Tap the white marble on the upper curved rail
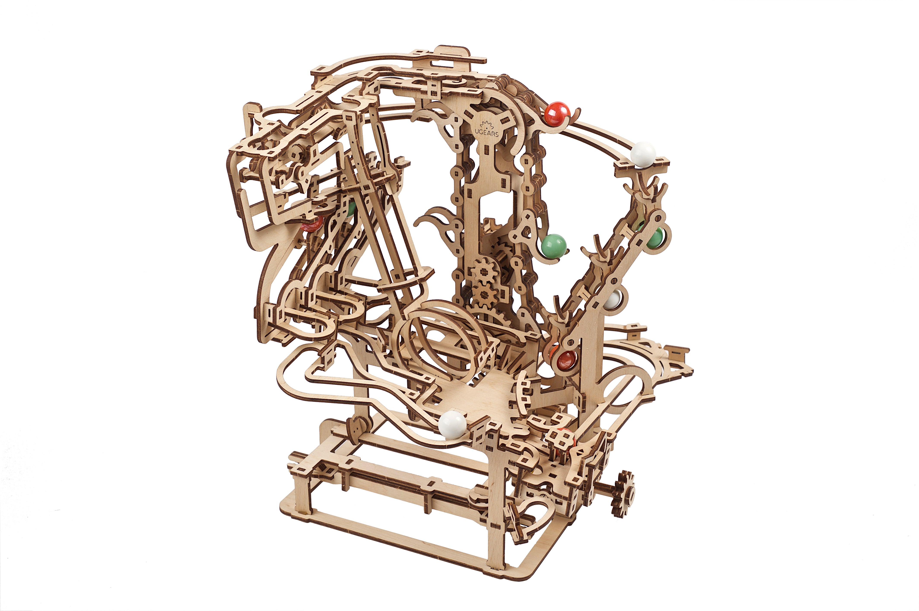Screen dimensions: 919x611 tap(643, 154)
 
